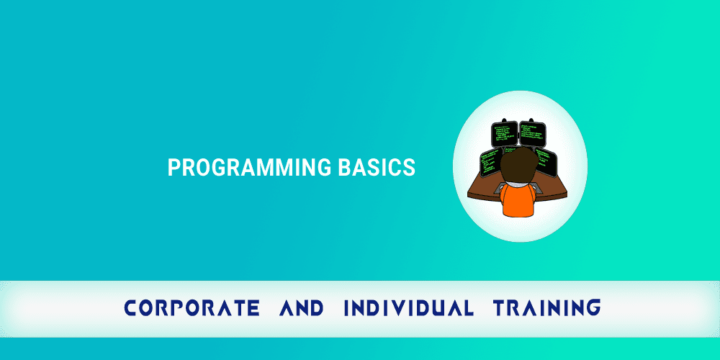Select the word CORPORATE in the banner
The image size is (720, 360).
192,308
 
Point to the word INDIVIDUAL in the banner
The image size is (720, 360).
408,308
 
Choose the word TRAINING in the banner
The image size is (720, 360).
546,308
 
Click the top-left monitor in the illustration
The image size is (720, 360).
505,134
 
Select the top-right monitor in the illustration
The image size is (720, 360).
534,134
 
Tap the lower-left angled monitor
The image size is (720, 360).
491,162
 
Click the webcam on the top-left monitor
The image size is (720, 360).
505,120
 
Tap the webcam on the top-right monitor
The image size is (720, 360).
532,120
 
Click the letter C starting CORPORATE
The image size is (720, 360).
131,308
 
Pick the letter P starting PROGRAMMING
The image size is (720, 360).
173,168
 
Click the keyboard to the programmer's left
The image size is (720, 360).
500,186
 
